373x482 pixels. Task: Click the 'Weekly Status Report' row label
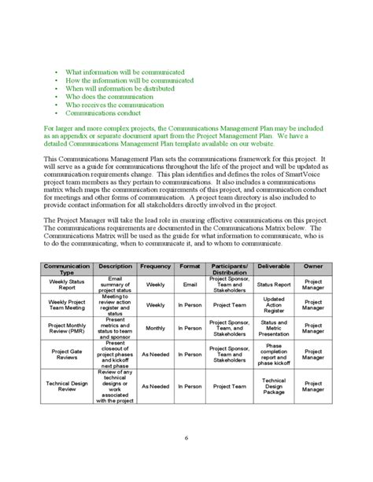(67, 284)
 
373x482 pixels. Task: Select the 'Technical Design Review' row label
(67, 386)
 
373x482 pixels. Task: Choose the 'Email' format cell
(190, 284)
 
